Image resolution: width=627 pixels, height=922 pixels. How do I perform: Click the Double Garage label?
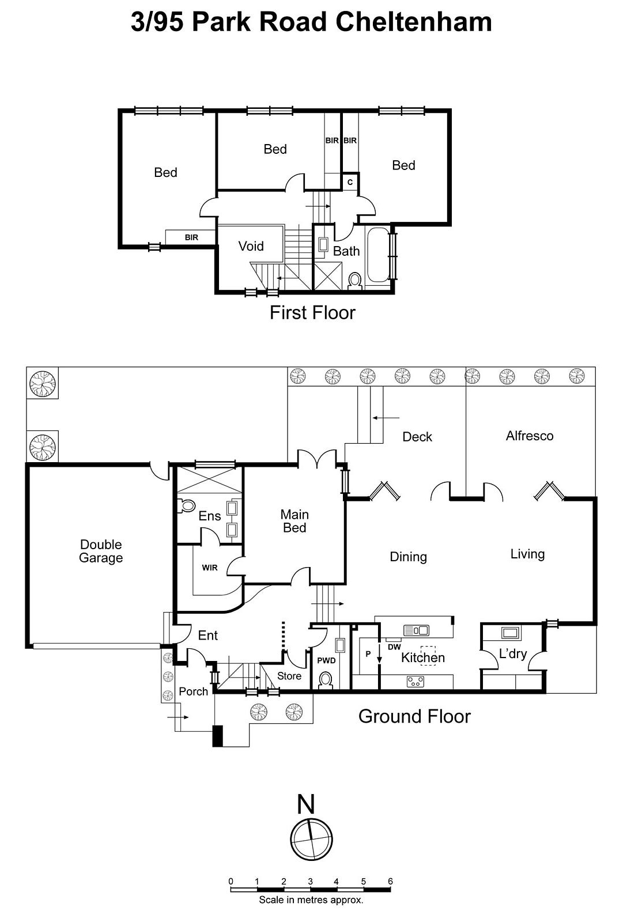pyautogui.click(x=101, y=551)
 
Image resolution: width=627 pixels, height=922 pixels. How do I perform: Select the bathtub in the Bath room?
pyautogui.click(x=378, y=255)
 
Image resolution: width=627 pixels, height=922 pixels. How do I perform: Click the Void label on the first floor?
pyautogui.click(x=251, y=246)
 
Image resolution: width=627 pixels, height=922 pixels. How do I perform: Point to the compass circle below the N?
pyautogui.click(x=311, y=839)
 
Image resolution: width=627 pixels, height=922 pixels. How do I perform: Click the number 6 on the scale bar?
pyautogui.click(x=390, y=881)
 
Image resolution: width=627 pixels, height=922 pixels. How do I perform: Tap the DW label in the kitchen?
pyautogui.click(x=394, y=647)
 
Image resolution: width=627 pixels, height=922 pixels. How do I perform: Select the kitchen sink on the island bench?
pyautogui.click(x=416, y=630)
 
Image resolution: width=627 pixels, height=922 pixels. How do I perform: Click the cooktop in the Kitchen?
pyautogui.click(x=416, y=682)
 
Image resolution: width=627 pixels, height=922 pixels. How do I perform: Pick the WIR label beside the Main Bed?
pyautogui.click(x=210, y=568)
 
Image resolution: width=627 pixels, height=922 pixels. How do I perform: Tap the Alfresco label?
pyautogui.click(x=529, y=436)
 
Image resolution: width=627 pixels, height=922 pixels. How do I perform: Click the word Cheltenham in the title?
pyautogui.click(x=413, y=22)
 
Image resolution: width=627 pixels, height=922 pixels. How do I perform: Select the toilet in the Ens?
pyautogui.click(x=187, y=506)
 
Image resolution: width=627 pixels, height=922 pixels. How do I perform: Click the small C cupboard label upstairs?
pyautogui.click(x=350, y=182)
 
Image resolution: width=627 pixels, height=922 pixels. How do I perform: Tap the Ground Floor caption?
pyautogui.click(x=414, y=716)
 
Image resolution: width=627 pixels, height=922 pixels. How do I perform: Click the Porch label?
pyautogui.click(x=193, y=691)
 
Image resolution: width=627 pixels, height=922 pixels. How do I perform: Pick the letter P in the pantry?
pyautogui.click(x=368, y=654)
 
